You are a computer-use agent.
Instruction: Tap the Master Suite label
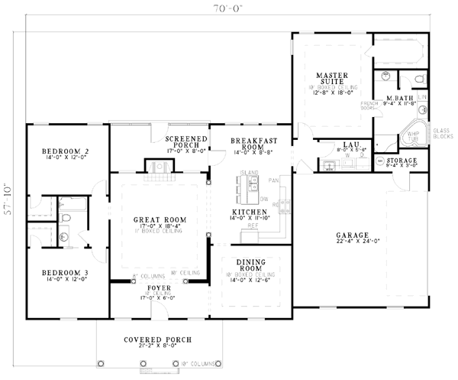pyautogui.click(x=332, y=78)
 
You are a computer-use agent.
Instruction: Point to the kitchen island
pyautogui.click(x=250, y=183)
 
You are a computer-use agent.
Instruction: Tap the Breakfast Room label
pyautogui.click(x=253, y=145)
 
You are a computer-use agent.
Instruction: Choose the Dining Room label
pyautogui.click(x=251, y=264)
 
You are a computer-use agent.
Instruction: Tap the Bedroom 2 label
pyautogui.click(x=66, y=151)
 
